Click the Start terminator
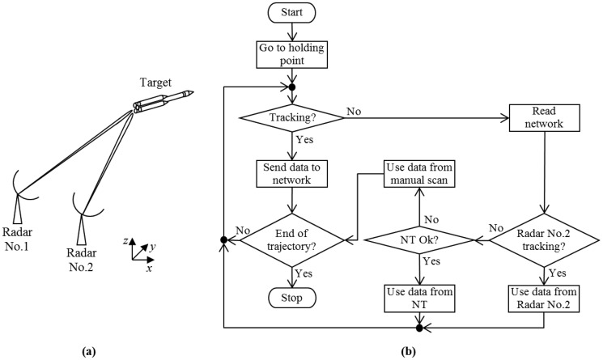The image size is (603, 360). pyautogui.click(x=289, y=15)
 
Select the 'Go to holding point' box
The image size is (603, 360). pyautogui.click(x=289, y=54)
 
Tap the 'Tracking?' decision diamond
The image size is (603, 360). pyautogui.click(x=289, y=118)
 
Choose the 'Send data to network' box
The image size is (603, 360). pyautogui.click(x=289, y=174)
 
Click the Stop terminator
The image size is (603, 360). pyautogui.click(x=289, y=299)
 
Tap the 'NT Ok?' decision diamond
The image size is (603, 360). pyautogui.click(x=418, y=240)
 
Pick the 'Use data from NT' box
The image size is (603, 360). pyautogui.click(x=418, y=297)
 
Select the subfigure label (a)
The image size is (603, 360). pyautogui.click(x=87, y=349)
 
